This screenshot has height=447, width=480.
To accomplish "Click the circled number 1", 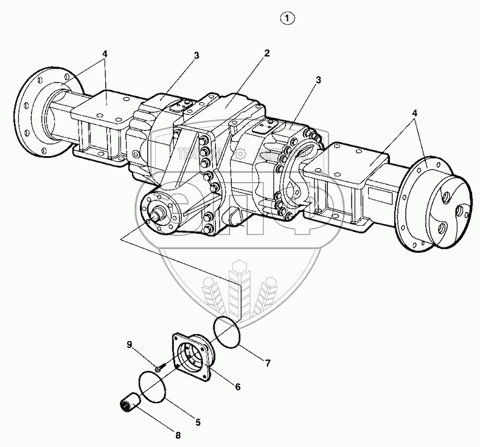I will pos(287,19).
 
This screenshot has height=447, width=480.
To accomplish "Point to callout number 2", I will pos(266,53).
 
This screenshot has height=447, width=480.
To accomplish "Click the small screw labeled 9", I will pos(158,368).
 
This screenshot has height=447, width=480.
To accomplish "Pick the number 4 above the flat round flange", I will pos(105,54).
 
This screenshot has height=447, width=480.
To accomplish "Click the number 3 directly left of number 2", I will pos(197,55).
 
